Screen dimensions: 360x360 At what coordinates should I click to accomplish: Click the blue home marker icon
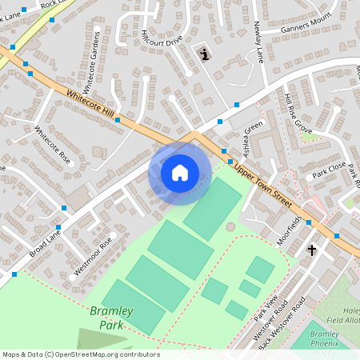pyautogui.click(x=180, y=172)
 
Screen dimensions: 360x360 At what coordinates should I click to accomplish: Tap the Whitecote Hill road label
pyautogui.click(x=92, y=107)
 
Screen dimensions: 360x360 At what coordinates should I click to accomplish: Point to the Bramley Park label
pyautogui.click(x=111, y=318)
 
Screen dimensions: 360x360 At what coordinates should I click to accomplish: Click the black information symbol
pyautogui.click(x=206, y=54)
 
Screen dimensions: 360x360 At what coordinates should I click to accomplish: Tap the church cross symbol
pyautogui.click(x=312, y=250)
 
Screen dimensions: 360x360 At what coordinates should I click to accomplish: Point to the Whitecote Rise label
pyautogui.click(x=54, y=145)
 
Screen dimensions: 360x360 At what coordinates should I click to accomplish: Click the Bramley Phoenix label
pyautogui.click(x=325, y=338)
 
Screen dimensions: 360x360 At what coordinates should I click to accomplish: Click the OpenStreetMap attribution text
pyautogui.click(x=82, y=354)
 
